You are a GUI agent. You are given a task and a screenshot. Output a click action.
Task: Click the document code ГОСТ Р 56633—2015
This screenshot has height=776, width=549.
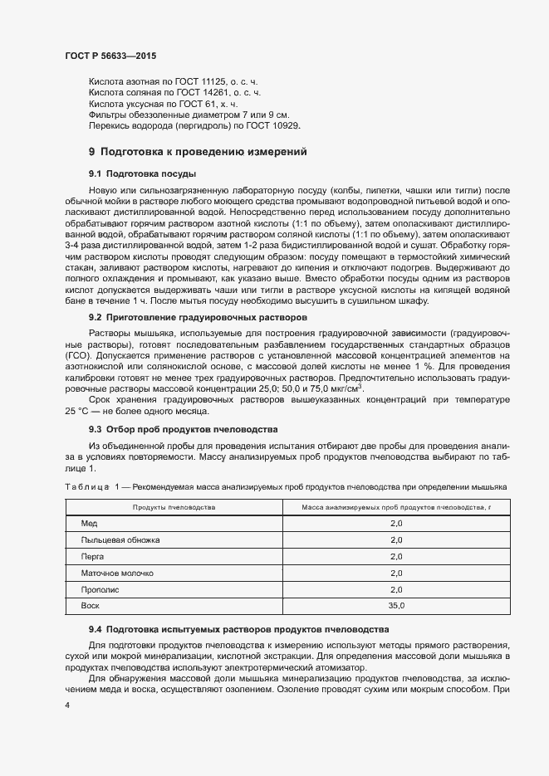click(x=110, y=56)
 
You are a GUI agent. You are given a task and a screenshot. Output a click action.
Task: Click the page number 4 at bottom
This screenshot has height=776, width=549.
click(x=66, y=705)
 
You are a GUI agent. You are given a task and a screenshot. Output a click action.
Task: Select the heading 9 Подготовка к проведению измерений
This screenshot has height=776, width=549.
click(x=198, y=152)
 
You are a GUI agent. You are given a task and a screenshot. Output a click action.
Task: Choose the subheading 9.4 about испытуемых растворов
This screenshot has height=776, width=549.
click(x=233, y=630)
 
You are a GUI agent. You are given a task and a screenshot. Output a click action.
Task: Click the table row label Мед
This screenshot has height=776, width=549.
click(x=89, y=524)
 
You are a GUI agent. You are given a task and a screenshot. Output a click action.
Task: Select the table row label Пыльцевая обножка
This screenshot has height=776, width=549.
click(x=120, y=540)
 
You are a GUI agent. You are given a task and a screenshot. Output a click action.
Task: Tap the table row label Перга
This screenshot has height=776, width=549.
click(x=92, y=557)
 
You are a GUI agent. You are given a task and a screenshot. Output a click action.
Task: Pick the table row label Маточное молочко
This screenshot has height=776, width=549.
click(x=117, y=573)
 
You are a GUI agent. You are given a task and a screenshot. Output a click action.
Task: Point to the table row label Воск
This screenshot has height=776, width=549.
click(x=90, y=607)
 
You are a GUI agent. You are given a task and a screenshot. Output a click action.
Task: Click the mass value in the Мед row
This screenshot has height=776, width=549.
click(x=395, y=524)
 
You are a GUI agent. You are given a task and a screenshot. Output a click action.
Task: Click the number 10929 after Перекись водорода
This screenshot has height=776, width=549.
click(x=282, y=125)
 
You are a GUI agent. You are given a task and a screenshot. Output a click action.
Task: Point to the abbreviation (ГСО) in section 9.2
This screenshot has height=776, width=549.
click(x=79, y=355)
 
